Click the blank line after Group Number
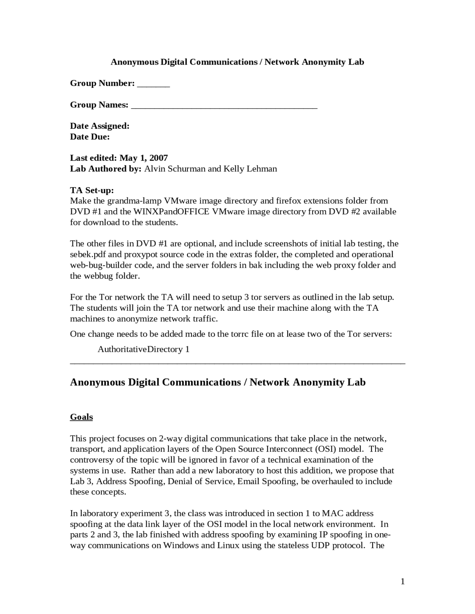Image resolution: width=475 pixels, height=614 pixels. click(153, 85)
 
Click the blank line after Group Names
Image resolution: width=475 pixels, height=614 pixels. click(224, 107)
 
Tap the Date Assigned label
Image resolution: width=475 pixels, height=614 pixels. click(100, 126)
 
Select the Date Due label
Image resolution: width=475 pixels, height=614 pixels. click(90, 137)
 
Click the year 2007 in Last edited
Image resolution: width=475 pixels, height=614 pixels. click(158, 158)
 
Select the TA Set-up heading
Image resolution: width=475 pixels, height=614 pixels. click(92, 191)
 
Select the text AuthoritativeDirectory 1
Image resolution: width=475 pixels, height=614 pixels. click(144, 349)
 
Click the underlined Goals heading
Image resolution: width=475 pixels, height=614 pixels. click(81, 417)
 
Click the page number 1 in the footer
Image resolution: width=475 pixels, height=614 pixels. click(403, 581)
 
